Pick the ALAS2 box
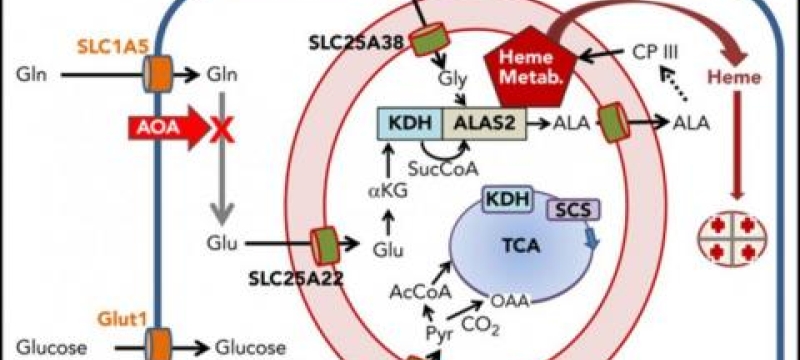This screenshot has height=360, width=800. click(485, 125)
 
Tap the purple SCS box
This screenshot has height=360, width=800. click(568, 208)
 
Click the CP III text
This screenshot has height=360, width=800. click(655, 50)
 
